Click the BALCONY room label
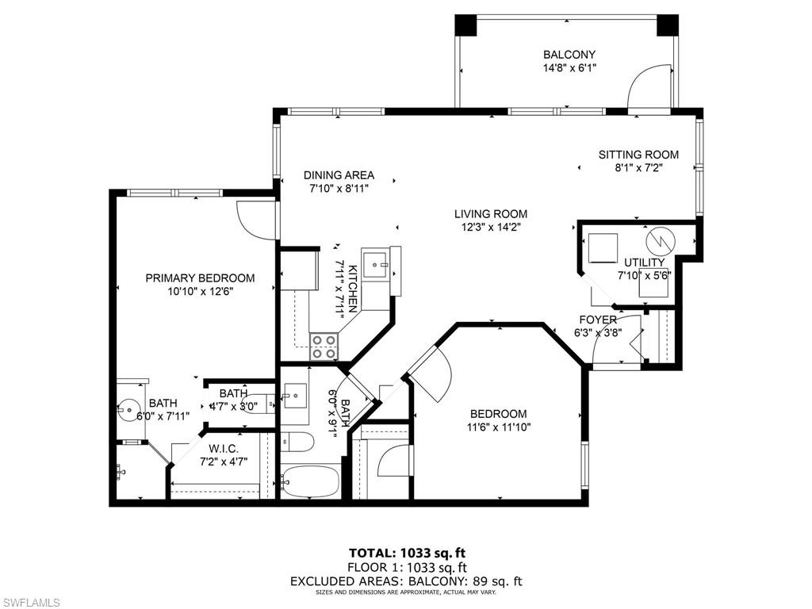pyautogui.click(x=569, y=55)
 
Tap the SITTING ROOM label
pyautogui.click(x=638, y=155)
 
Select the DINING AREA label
pyautogui.click(x=339, y=175)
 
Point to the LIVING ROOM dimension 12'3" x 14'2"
pyautogui.click(x=490, y=227)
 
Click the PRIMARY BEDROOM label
pyautogui.click(x=200, y=278)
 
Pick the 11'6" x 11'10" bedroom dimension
pyautogui.click(x=498, y=427)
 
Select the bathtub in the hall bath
pyautogui.click(x=310, y=481)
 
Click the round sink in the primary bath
pyautogui.click(x=128, y=411)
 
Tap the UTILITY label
pyautogui.click(x=644, y=262)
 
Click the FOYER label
pyautogui.click(x=597, y=320)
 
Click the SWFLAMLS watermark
pyautogui.click(x=31, y=603)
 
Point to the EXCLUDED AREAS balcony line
pyautogui.click(x=406, y=581)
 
